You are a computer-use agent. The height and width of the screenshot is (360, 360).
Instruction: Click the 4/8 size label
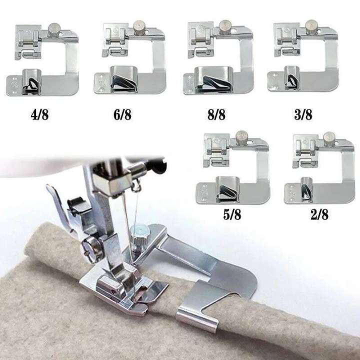pyautogui.click(x=39, y=114)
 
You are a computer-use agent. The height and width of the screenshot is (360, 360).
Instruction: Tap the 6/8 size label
pyautogui.click(x=122, y=114)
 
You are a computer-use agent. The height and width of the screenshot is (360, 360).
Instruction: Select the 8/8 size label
pyautogui.click(x=216, y=114)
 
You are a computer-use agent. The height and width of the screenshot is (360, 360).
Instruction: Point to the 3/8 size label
pyautogui.click(x=303, y=114)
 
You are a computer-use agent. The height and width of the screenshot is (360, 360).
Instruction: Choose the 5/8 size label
pyautogui.click(x=232, y=214)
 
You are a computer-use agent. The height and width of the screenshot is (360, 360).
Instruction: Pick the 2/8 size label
pyautogui.click(x=319, y=214)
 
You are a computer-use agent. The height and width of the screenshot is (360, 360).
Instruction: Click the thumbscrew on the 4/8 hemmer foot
pyautogui.click(x=54, y=30)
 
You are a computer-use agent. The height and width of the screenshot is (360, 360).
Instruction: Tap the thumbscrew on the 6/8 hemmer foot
pyautogui.click(x=139, y=27)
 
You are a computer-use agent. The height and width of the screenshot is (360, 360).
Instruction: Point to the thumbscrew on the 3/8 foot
pyautogui.click(x=311, y=27)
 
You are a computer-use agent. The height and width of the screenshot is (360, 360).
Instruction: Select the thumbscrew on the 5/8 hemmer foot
pyautogui.click(x=241, y=137)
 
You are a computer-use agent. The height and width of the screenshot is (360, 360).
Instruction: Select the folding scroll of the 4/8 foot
pyautogui.click(x=32, y=81)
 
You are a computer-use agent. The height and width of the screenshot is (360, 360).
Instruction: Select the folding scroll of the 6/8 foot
pyautogui.click(x=124, y=79)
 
